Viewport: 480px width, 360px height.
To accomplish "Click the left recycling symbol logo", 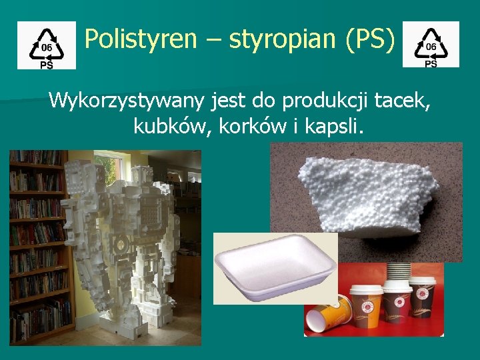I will (47, 45).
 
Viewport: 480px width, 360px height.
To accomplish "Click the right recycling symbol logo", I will (431, 45).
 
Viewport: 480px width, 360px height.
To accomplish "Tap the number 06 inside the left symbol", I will (47, 48).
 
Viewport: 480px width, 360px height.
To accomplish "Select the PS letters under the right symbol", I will (431, 64).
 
